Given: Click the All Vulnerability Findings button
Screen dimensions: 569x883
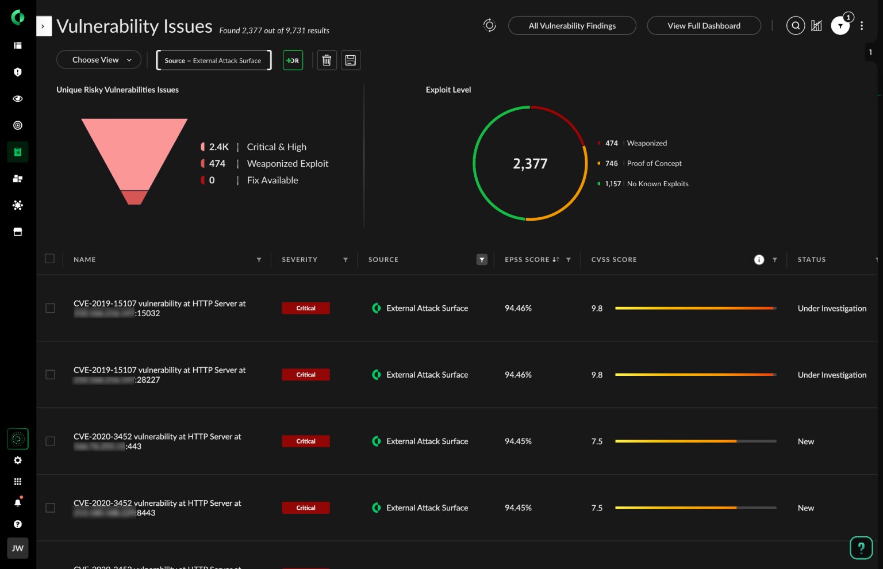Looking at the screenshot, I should (x=572, y=26).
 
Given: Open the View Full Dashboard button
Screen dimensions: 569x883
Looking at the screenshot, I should (x=704, y=26).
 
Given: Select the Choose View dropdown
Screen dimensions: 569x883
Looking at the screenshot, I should (x=99, y=60).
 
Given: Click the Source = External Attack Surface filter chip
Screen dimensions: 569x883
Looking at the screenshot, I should (x=213, y=60).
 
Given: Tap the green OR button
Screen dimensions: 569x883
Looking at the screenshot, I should (x=293, y=60).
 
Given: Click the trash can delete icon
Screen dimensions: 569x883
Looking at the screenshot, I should (x=327, y=60).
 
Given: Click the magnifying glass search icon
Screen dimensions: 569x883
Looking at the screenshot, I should (x=795, y=26).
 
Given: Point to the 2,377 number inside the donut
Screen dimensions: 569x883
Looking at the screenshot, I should (x=530, y=164).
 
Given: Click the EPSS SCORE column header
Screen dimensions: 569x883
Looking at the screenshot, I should (x=527, y=260).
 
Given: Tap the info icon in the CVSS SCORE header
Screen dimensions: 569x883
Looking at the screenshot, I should (x=759, y=260).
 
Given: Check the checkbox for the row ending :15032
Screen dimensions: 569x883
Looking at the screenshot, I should (x=51, y=308).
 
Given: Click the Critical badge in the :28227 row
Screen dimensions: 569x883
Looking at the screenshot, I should (x=306, y=375).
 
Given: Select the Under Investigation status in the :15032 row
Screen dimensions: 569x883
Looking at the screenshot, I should (x=832, y=309).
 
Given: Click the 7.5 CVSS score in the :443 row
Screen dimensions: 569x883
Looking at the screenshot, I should (x=597, y=441).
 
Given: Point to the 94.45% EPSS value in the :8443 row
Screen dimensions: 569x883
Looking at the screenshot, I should (x=518, y=508).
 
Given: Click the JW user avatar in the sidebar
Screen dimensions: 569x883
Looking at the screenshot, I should (x=18, y=548).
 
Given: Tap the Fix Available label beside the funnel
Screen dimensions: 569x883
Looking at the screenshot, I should (x=272, y=180).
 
